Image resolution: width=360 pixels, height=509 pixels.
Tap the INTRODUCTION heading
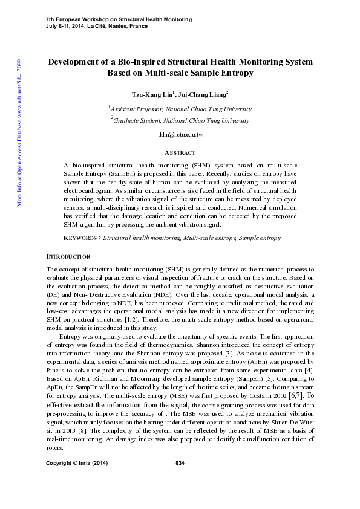click(69, 256)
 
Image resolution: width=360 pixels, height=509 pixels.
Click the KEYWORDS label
click(82, 238)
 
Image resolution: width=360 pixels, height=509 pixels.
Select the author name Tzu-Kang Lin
click(152, 95)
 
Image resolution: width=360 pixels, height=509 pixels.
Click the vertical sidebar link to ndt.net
click(20, 133)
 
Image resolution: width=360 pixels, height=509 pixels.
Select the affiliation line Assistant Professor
click(181, 109)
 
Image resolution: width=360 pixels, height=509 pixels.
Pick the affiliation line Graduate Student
click(181, 120)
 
